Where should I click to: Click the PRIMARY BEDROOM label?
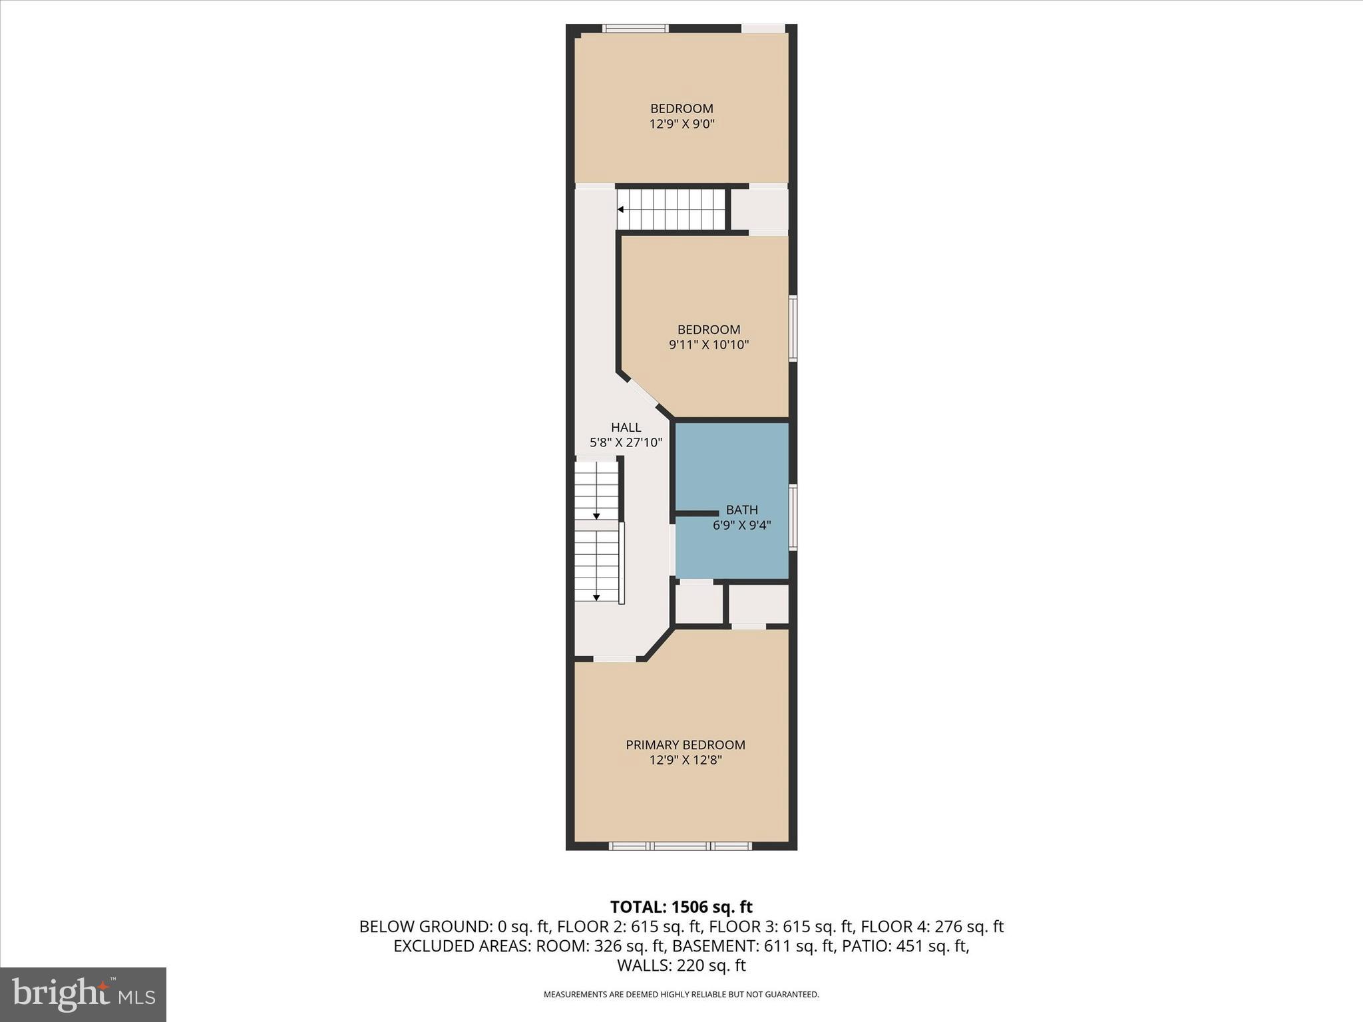[x=685, y=745]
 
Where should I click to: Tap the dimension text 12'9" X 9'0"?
[x=681, y=124]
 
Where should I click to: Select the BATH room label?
[x=741, y=510]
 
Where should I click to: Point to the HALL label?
[x=626, y=427]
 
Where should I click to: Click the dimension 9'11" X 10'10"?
[x=709, y=345]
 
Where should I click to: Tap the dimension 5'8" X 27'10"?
[x=626, y=442]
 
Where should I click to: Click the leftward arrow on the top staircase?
[x=621, y=209]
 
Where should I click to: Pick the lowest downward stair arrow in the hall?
[x=596, y=597]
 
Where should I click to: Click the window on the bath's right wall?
[x=793, y=518]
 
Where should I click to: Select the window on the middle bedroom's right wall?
[x=793, y=329]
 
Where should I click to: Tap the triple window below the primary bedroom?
[x=680, y=846]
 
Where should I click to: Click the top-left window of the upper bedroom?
[x=635, y=29]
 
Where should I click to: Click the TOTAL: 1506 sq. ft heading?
[x=681, y=907]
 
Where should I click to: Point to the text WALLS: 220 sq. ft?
[x=681, y=965]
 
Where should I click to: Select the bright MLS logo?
[x=83, y=994]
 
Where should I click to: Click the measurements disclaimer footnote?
[x=681, y=995]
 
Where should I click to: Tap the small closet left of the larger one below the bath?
[x=699, y=603]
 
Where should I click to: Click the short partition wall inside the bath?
[x=697, y=514]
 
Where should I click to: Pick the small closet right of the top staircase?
[x=759, y=209]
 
